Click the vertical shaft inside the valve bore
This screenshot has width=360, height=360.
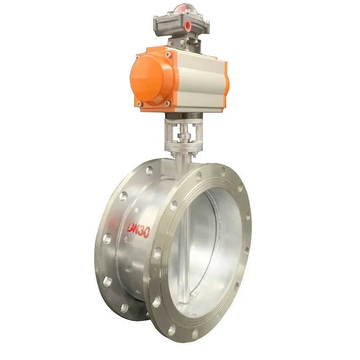188,252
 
